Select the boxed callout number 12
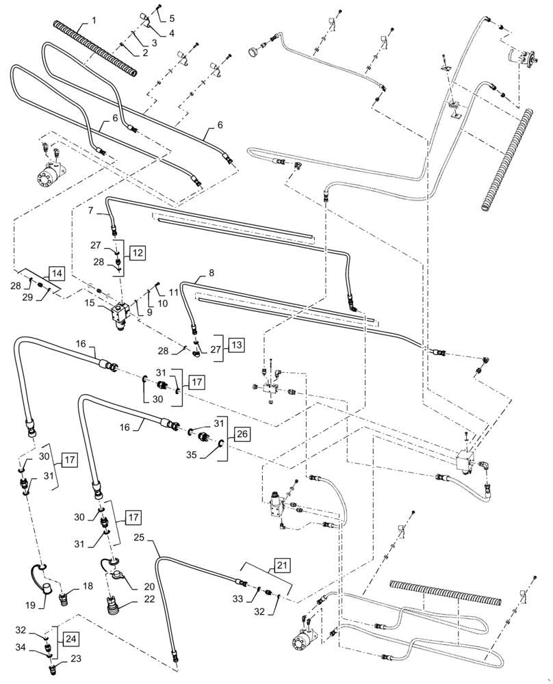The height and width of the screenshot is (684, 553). [x=138, y=253]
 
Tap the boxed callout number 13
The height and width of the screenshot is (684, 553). [x=236, y=345]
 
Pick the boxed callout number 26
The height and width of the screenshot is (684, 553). [x=242, y=434]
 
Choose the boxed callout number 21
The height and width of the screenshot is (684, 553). [x=283, y=566]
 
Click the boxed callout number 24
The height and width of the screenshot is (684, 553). [x=72, y=639]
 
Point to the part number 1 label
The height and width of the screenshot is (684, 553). [x=94, y=21]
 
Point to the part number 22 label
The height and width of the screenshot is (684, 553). [x=149, y=599]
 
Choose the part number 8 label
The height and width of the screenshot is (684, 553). [x=211, y=274]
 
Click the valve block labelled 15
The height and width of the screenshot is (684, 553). [x=119, y=315]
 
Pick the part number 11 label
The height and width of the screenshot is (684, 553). [x=174, y=292]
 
